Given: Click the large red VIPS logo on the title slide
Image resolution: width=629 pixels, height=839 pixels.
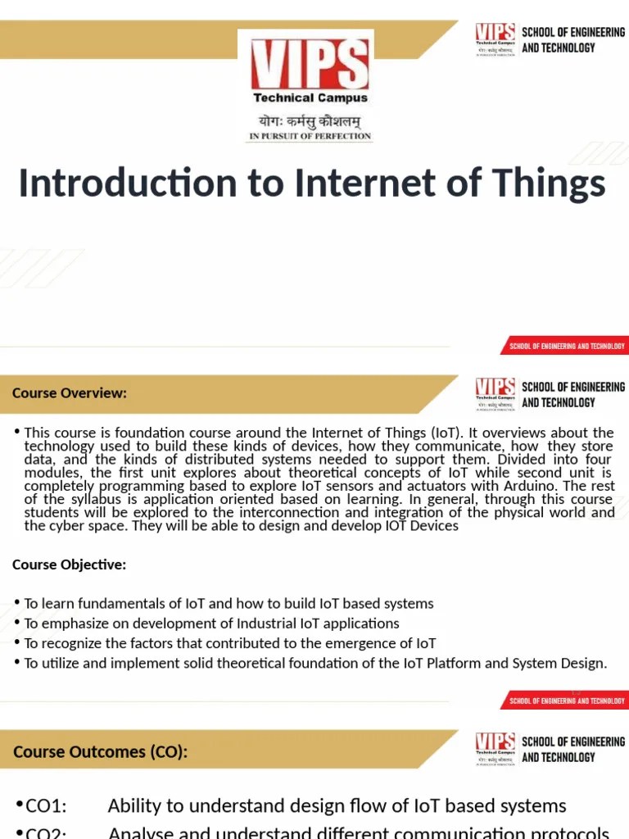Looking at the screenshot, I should (x=309, y=65).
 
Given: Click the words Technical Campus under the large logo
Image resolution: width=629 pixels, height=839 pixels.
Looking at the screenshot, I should (x=310, y=98).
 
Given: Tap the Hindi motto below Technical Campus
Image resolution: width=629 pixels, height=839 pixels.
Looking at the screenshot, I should (x=310, y=120).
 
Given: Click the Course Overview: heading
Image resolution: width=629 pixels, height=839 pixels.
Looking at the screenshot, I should (x=70, y=393).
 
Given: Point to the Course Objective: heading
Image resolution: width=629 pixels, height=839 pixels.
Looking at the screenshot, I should (x=70, y=565).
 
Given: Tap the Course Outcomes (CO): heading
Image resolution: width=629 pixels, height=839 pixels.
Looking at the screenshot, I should (x=100, y=751).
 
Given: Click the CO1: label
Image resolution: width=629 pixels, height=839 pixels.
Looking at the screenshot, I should (x=46, y=806).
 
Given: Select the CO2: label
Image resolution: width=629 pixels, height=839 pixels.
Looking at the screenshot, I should (x=46, y=831).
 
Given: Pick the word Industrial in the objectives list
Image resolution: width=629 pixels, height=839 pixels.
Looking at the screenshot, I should (x=244, y=624).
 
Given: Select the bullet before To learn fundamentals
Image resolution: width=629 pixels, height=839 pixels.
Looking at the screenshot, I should (x=17, y=603).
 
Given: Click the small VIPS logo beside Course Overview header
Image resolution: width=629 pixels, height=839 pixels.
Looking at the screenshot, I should (x=496, y=392).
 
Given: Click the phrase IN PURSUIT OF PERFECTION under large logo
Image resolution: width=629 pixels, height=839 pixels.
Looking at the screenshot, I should (x=310, y=136).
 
